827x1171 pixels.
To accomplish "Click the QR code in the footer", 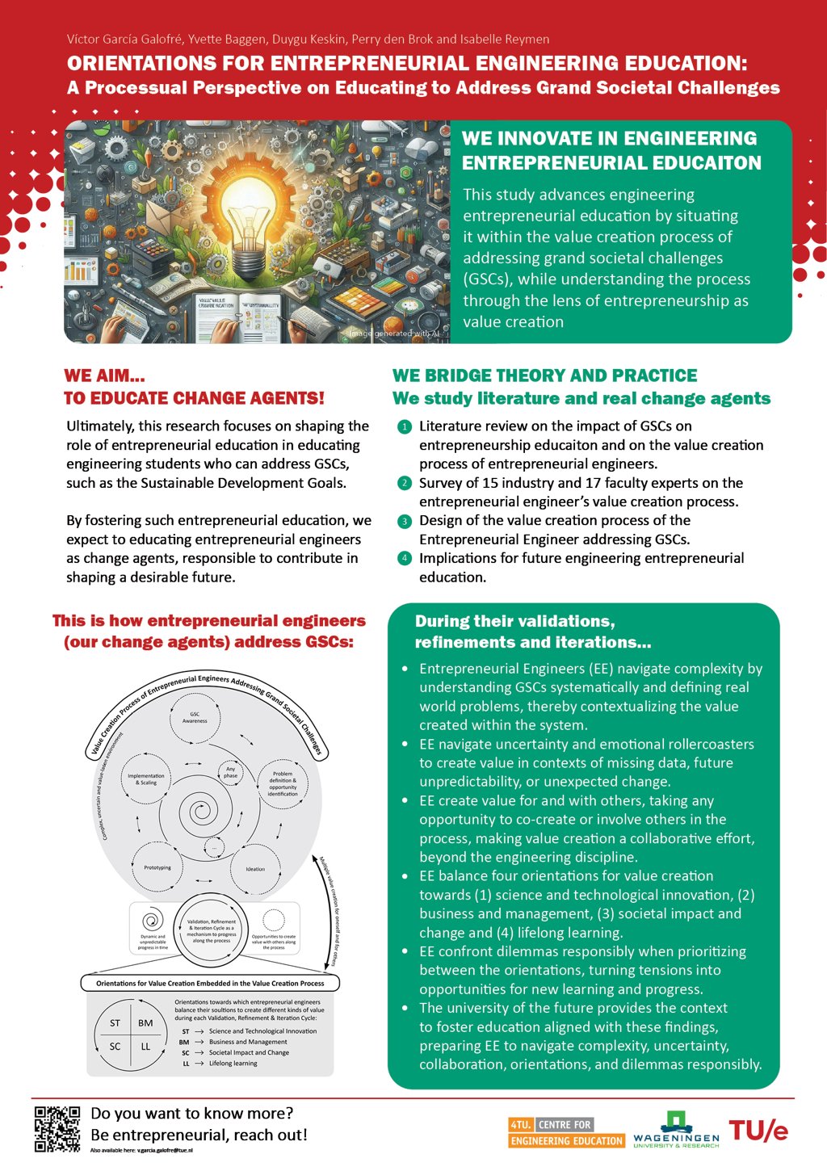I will (57, 1128).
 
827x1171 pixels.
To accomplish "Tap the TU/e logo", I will (758, 1131).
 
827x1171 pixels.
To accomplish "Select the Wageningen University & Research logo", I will (676, 1130).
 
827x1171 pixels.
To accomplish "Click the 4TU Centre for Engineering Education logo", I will (566, 1133).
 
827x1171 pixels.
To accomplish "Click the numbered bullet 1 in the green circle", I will (405, 426).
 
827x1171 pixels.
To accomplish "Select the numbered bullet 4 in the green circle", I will (405, 558).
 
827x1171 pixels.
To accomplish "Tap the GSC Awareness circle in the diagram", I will (195, 717).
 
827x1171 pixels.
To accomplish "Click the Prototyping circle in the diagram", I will (157, 867).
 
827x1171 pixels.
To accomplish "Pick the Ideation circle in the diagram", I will (255, 869).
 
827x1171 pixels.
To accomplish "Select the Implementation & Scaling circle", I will (146, 779).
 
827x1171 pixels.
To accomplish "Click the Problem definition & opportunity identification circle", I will (283, 783).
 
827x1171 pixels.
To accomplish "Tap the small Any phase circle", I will (231, 772).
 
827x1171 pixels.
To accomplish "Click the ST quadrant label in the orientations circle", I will (115, 1023).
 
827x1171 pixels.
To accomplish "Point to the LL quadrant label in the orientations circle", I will (145, 1047).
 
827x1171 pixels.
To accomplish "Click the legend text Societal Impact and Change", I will (249, 1052).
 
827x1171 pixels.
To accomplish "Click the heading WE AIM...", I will (104, 376).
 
